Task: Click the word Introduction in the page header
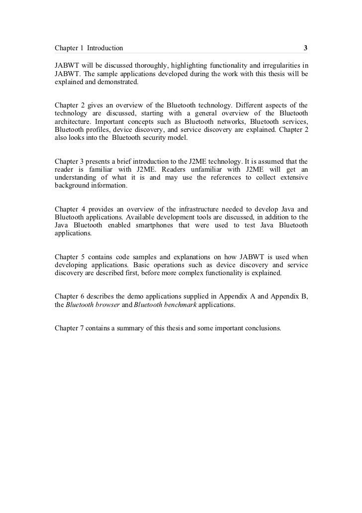tap(104, 48)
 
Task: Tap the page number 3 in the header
tap(306, 48)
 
